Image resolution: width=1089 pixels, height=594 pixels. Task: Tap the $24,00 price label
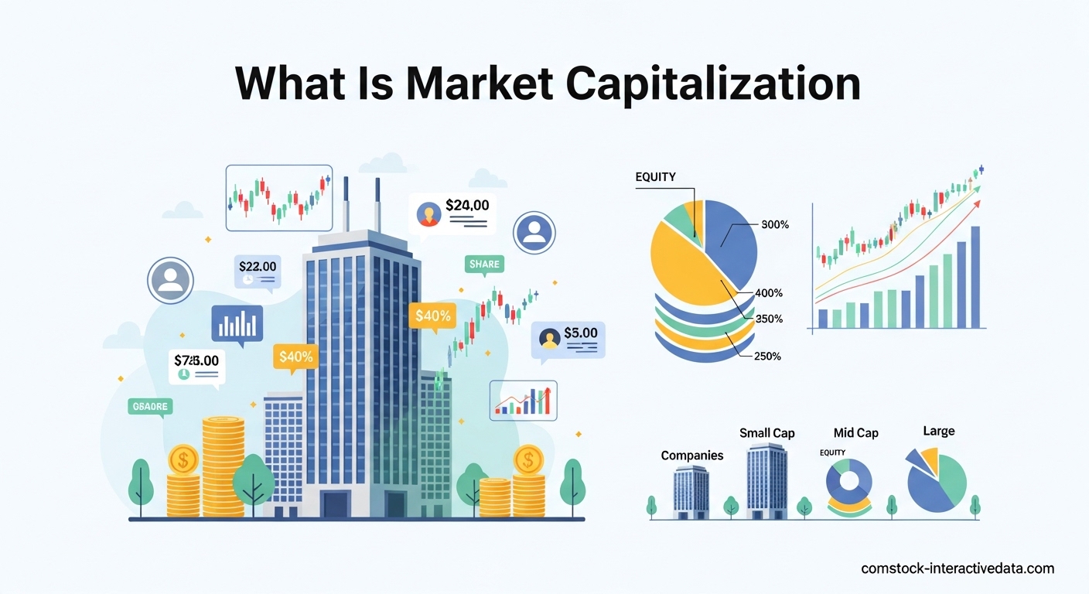coord(467,207)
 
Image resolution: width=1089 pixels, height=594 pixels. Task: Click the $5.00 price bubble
coord(580,333)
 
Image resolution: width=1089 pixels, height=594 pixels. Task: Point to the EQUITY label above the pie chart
coord(655,177)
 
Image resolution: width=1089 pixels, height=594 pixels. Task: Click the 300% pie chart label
coord(774,225)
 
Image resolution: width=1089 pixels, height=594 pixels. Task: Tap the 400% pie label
coord(769,293)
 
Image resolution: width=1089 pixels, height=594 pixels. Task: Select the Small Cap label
coord(766,433)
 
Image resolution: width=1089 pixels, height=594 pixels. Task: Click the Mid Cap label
coord(855,433)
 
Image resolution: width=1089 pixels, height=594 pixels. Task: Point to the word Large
coord(938,431)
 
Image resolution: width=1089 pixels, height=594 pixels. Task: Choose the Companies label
coord(692,456)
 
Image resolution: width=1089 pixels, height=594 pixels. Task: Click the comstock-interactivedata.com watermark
coord(958,568)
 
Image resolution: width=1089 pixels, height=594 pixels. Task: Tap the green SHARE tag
coord(484,265)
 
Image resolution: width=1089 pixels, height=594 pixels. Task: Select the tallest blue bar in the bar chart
coord(975,276)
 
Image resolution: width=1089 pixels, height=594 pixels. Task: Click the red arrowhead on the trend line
coord(977,203)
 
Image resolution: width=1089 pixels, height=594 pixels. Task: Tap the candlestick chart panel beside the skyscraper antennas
coord(278,197)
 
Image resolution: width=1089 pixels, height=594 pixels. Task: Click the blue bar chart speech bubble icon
coord(237,324)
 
